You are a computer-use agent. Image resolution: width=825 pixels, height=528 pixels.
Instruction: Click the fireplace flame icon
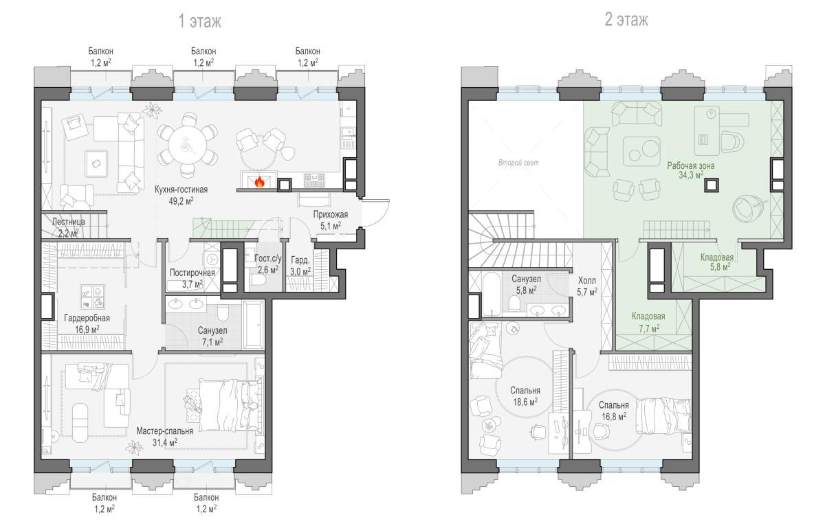[260, 182]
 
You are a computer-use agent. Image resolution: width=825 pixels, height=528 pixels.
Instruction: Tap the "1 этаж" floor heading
[199, 21]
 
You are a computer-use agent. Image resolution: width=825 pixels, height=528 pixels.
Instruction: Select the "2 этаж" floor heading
[626, 19]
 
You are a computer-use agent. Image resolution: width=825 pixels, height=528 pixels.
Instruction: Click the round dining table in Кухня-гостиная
[188, 145]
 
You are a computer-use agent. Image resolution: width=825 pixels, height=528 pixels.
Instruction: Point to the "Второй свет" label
[518, 163]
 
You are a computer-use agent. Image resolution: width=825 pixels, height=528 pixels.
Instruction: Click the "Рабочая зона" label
[690, 165]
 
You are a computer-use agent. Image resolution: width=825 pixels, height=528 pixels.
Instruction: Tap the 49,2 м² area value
[181, 201]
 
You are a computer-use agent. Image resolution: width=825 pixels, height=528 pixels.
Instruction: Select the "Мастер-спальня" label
[164, 431]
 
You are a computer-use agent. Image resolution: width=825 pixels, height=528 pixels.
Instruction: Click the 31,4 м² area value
[164, 442]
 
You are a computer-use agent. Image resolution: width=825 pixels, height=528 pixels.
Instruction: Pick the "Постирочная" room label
[192, 273]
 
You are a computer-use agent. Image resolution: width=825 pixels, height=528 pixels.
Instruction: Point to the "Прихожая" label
[331, 214]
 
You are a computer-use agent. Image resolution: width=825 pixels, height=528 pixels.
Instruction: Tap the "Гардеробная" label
[87, 318]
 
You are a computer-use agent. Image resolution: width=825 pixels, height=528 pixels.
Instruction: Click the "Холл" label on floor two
[586, 280]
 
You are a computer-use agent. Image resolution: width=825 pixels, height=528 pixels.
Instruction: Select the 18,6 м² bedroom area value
[525, 402]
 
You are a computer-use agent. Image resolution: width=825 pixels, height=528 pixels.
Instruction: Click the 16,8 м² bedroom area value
[614, 416]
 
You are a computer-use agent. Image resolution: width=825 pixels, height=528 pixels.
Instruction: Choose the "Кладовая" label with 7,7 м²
[648, 316]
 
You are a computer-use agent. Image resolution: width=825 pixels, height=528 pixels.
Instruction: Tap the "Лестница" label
[69, 222]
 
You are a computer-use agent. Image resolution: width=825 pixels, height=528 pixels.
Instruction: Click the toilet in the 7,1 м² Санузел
[223, 313]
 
